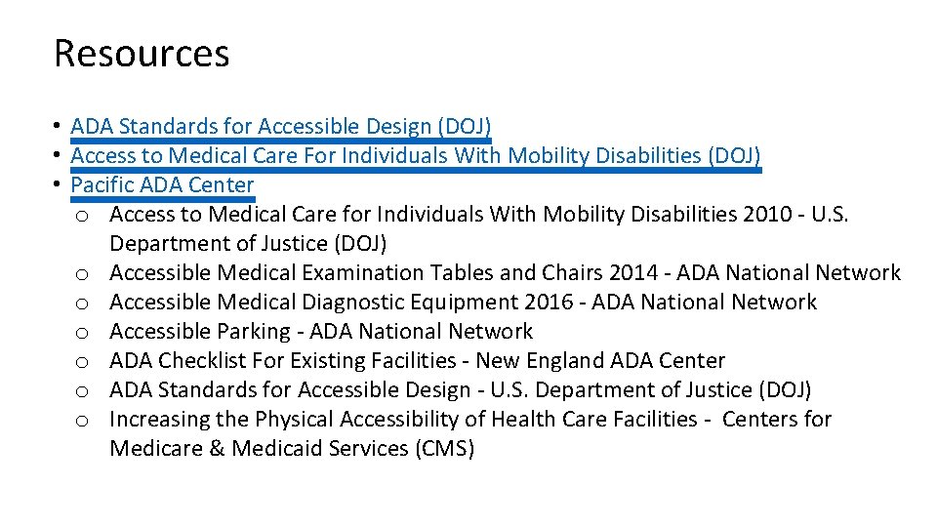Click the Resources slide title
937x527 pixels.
coord(142,53)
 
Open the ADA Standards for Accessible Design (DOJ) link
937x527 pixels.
coord(280,127)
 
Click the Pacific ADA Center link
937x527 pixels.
coord(162,185)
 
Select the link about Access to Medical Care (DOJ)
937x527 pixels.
coord(415,156)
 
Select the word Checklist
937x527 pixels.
coord(201,361)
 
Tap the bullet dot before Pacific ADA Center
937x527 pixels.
coord(60,184)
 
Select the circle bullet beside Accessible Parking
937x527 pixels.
coord(83,333)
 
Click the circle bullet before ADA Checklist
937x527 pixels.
coord(83,362)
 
